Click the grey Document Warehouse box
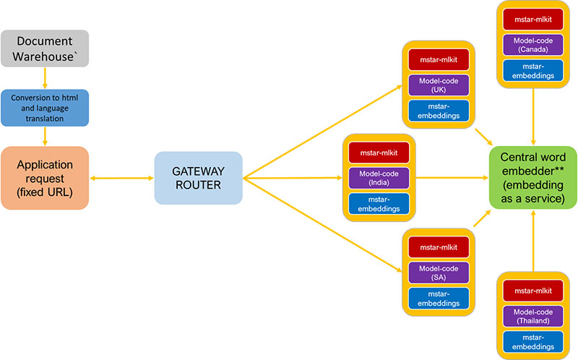(x=45, y=48)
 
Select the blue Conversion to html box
(x=45, y=106)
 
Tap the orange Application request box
(x=45, y=178)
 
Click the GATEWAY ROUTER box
(x=197, y=177)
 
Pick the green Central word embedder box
(x=532, y=178)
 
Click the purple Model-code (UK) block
(x=439, y=84)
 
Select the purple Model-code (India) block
(x=379, y=178)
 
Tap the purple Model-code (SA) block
(x=439, y=273)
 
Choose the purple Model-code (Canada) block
(x=532, y=44)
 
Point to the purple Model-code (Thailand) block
(x=532, y=315)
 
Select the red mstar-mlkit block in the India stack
(x=379, y=153)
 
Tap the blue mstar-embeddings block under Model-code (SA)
(x=439, y=298)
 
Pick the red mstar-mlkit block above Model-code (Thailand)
(x=532, y=290)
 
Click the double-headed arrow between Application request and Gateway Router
(x=121, y=178)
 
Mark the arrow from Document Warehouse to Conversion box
(x=45, y=77)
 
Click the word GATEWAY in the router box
(x=197, y=170)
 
